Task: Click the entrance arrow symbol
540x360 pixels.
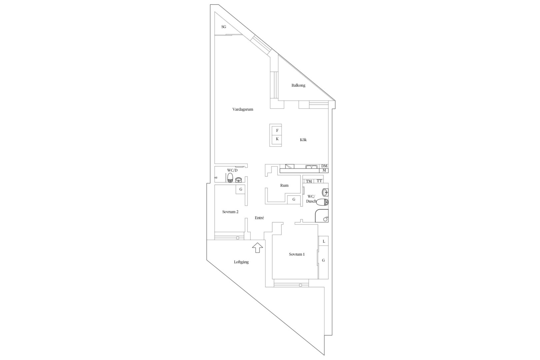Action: [257, 248]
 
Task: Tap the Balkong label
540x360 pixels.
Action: [298, 85]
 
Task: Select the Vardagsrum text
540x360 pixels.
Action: [243, 109]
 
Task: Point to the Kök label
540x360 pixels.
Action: [303, 140]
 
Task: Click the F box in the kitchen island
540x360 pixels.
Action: [277, 130]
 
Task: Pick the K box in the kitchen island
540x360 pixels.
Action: [277, 139]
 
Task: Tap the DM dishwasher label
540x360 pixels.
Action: [324, 166]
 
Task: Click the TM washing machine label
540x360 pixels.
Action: [309, 181]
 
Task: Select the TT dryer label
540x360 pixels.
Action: [319, 181]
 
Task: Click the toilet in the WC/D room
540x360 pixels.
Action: [230, 177]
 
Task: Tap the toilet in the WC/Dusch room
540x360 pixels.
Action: [322, 202]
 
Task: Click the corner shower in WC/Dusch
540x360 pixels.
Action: [322, 216]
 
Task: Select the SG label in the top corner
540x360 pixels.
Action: [224, 27]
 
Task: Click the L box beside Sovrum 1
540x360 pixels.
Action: [324, 241]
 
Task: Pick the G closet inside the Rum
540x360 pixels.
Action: [294, 200]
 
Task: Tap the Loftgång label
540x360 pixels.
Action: [241, 262]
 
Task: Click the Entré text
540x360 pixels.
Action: [259, 218]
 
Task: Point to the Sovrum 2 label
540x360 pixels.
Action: [230, 212]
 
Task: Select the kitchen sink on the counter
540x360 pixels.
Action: [312, 166]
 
